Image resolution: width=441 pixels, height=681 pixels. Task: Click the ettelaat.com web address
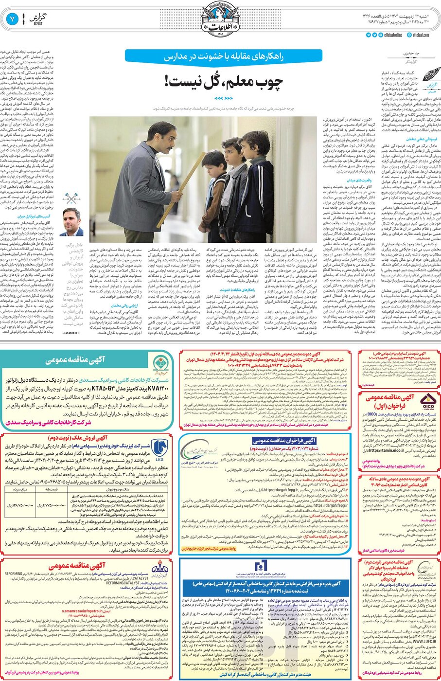click(x=421, y=35)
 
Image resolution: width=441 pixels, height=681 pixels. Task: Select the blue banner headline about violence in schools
click(x=223, y=56)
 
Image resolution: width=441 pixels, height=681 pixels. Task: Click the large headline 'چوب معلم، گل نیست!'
click(x=224, y=81)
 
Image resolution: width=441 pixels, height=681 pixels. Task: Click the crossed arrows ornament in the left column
click(x=72, y=198)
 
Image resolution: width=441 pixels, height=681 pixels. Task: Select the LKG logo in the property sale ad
click(x=159, y=449)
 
